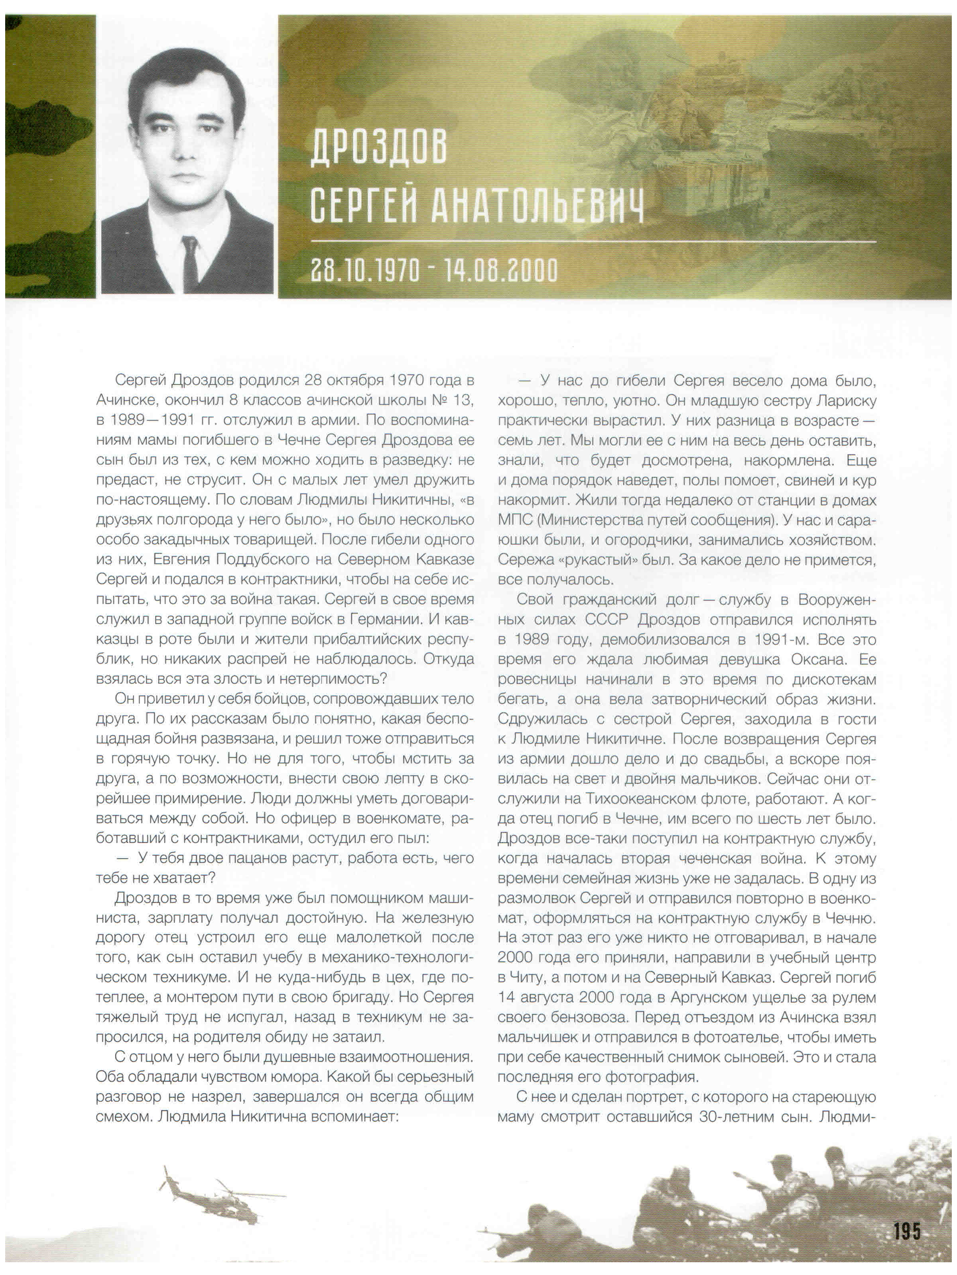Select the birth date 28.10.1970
365,270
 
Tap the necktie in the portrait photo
190,265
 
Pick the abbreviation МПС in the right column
515,520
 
